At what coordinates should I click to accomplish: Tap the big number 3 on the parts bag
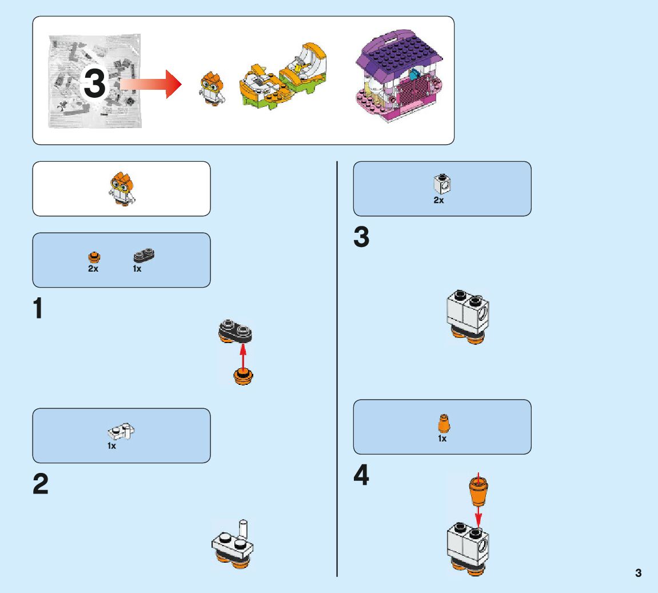[x=95, y=83]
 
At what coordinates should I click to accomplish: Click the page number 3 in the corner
[x=638, y=573]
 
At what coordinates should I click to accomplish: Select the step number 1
[x=38, y=309]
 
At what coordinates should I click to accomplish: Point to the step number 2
[x=41, y=485]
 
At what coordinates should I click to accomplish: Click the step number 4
[x=361, y=476]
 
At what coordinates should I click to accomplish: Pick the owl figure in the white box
[x=122, y=188]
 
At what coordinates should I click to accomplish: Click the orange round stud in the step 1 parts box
[x=94, y=257]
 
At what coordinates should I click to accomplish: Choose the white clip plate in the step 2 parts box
[x=121, y=431]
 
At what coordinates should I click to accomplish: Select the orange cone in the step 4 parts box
[x=442, y=423]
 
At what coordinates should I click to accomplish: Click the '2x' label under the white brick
[x=438, y=201]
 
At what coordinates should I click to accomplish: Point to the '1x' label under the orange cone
[x=442, y=439]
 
